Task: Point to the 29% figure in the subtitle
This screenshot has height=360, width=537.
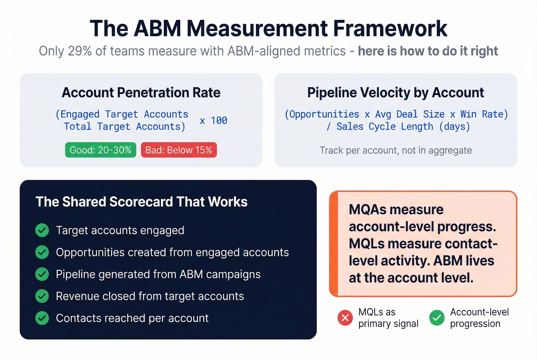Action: [x=80, y=51]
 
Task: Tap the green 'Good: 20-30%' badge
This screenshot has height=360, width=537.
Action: [x=100, y=150]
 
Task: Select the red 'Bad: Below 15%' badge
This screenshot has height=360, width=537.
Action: [x=179, y=150]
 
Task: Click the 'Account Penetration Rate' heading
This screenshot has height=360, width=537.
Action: [x=141, y=93]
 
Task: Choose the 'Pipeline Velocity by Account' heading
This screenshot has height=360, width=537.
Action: [x=395, y=93]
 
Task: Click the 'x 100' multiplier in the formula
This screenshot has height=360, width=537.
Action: [x=214, y=120]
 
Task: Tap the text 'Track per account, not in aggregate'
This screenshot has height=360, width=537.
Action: [x=395, y=150]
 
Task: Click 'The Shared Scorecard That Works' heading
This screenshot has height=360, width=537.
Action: [x=142, y=202]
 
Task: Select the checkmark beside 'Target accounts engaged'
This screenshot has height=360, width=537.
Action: [x=42, y=230]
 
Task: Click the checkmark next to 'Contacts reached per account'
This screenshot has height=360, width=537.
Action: [x=42, y=318]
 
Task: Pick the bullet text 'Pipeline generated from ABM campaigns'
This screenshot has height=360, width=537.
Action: [x=158, y=274]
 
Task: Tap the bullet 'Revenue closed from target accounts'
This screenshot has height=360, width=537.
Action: [x=150, y=296]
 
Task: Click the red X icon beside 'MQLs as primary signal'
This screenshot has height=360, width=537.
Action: [x=345, y=318]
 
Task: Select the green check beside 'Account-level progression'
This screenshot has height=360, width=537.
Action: [x=437, y=318]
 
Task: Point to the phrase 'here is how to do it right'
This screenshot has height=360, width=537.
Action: [x=428, y=51]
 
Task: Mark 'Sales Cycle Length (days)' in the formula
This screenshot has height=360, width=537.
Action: [x=403, y=127]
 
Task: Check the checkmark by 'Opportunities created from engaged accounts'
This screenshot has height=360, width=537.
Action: [x=42, y=252]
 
